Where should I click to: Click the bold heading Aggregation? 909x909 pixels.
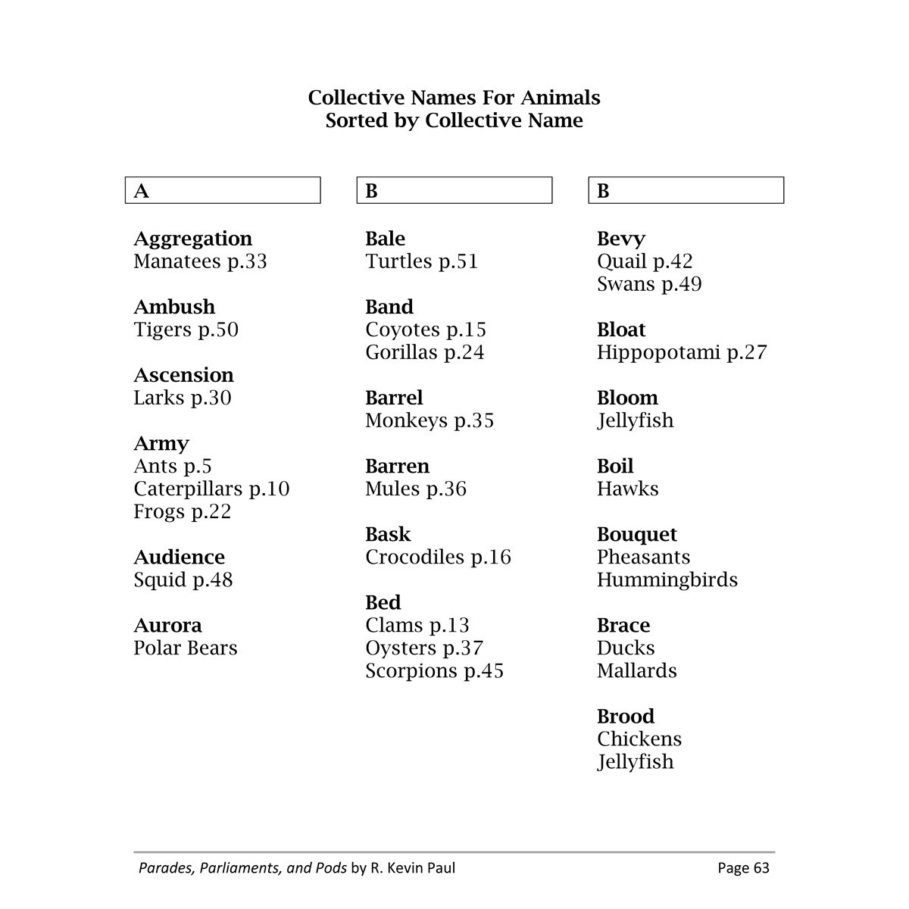point(192,239)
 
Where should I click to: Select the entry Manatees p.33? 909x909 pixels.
point(200,262)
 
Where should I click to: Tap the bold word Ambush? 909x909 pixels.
point(174,307)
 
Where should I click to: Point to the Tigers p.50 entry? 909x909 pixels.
point(186,330)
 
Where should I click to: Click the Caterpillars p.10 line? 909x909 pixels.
point(211,489)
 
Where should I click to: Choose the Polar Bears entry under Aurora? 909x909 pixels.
point(186,648)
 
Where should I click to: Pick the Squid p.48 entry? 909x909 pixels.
point(183,580)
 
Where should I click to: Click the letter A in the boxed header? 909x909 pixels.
point(141,191)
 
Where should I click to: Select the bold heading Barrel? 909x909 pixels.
point(394,398)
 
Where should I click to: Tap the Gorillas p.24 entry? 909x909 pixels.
point(424,353)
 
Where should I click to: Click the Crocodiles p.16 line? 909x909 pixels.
point(438,558)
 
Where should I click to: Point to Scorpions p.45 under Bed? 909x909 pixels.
point(434,671)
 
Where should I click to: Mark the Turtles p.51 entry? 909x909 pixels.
point(421,262)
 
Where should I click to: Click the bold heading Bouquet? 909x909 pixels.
point(636,535)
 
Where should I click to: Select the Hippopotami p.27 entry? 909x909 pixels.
point(682,353)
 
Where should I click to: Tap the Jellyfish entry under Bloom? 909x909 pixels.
point(635,421)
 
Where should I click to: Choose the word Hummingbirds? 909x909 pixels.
point(667,580)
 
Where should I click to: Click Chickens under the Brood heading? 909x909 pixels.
point(639,739)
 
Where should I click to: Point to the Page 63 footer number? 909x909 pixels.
point(743,868)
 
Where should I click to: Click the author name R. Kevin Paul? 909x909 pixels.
point(413,868)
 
